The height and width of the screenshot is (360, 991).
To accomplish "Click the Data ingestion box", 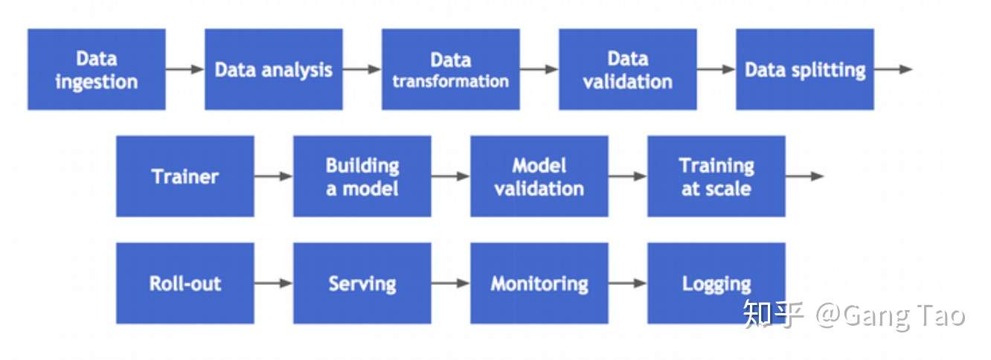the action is [97, 69].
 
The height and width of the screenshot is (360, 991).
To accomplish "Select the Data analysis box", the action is [273, 69].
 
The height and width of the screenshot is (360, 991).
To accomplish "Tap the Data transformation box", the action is [451, 69].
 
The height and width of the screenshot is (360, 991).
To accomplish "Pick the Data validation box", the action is [628, 69].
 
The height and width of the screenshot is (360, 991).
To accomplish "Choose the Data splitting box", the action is [805, 69].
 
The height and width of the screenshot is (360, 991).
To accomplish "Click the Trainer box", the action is [185, 176].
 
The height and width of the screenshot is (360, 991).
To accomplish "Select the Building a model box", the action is [362, 176].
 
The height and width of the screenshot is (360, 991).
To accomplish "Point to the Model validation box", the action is [539, 176].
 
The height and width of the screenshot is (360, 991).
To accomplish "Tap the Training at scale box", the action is [716, 176].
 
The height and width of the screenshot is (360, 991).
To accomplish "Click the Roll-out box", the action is [185, 283].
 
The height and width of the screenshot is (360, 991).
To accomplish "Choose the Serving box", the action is [362, 283].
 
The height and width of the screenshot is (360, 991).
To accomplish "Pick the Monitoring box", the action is [539, 283].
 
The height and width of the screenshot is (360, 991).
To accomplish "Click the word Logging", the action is [716, 284].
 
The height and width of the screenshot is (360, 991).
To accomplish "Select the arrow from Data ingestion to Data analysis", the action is [185, 69].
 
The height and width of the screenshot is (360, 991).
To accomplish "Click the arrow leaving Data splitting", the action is [894, 69].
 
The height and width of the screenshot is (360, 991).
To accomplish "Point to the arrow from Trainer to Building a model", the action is [273, 176].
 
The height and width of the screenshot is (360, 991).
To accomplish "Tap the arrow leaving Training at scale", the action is [805, 176].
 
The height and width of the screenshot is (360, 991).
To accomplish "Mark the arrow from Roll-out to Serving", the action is [273, 283].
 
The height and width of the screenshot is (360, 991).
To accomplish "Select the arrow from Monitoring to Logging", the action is [628, 283].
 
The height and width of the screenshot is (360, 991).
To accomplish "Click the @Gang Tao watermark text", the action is [890, 316].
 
